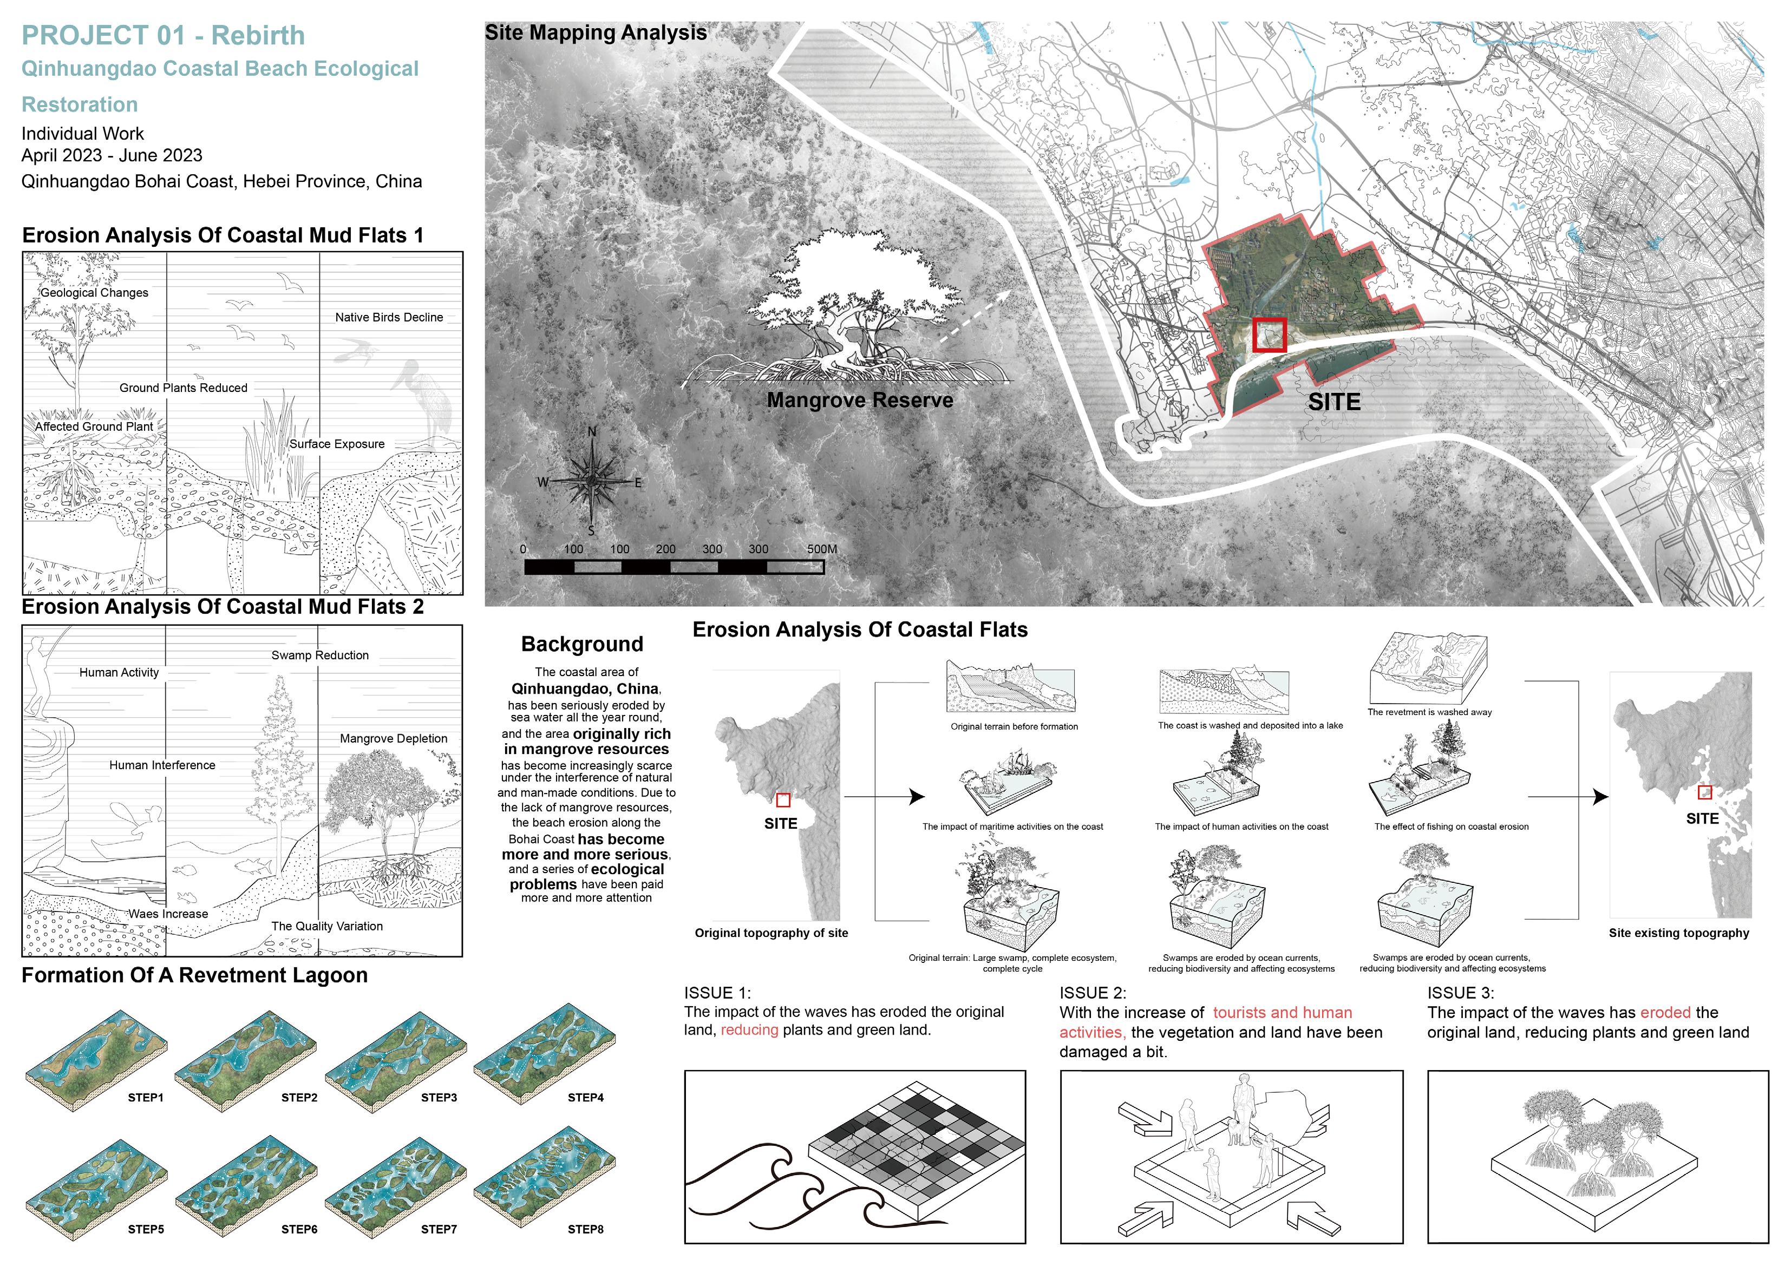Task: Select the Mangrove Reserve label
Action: click(x=860, y=400)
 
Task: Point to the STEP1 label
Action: click(x=146, y=1098)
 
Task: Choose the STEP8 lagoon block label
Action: click(x=585, y=1229)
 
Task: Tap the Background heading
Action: click(x=582, y=644)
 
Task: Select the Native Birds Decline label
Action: click(x=389, y=318)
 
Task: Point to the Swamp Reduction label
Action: click(x=320, y=655)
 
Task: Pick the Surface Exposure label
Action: click(x=337, y=444)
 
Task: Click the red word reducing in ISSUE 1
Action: click(x=749, y=1029)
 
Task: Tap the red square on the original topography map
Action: click(x=783, y=799)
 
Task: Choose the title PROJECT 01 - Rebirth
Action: click(x=163, y=36)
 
